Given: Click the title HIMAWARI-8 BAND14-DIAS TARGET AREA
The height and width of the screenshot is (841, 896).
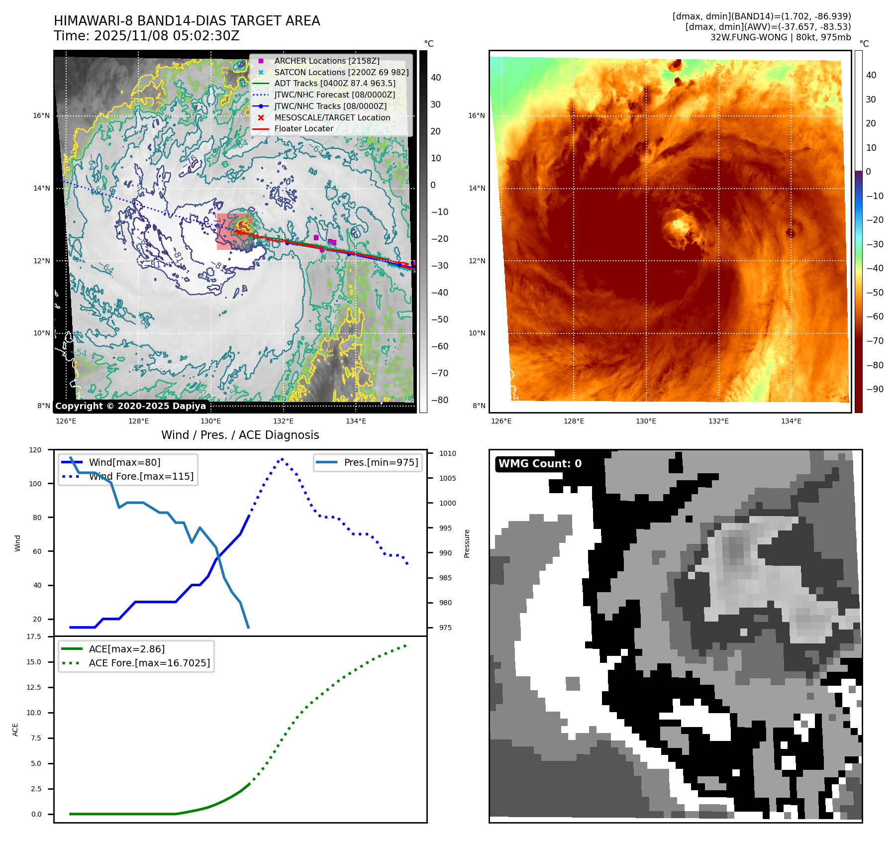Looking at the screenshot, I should click(x=187, y=21).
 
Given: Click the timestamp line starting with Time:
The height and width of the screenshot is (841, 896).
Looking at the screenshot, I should click(x=147, y=36).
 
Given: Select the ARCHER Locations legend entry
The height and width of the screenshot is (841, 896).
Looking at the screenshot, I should click(x=326, y=61).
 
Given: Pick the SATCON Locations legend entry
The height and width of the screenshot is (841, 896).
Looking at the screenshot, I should click(x=341, y=72).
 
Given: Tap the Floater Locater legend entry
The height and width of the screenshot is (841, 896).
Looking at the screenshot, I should click(x=303, y=128).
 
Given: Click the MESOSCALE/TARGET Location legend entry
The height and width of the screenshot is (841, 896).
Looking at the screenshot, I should click(x=332, y=117).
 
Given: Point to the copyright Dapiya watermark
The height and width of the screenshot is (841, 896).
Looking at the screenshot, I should click(x=130, y=406).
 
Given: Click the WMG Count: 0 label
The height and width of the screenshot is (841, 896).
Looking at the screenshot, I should click(x=540, y=464).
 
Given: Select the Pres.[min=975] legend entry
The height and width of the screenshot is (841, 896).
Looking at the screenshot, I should click(x=381, y=462).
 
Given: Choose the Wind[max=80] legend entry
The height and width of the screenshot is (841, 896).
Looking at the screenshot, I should click(x=124, y=462).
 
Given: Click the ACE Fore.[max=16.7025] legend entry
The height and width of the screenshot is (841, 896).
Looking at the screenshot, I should click(x=149, y=663).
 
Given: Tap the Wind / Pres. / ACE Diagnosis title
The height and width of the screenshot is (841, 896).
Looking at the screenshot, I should click(x=240, y=435).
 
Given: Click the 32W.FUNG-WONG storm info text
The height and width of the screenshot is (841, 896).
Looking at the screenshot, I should click(x=780, y=37).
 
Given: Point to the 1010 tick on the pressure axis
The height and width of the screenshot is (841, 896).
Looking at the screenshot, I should click(x=447, y=453).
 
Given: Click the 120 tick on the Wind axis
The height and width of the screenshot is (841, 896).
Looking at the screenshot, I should click(x=35, y=450).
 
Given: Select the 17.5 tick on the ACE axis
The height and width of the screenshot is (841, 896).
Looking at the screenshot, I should click(x=34, y=636).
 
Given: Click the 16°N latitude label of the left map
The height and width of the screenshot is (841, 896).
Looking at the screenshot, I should click(x=41, y=116).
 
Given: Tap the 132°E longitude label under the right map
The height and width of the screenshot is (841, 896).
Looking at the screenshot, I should click(x=718, y=421).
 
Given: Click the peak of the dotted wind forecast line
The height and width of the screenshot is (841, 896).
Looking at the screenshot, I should click(x=282, y=459).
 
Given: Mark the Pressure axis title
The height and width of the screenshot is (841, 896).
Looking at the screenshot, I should click(x=467, y=543).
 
